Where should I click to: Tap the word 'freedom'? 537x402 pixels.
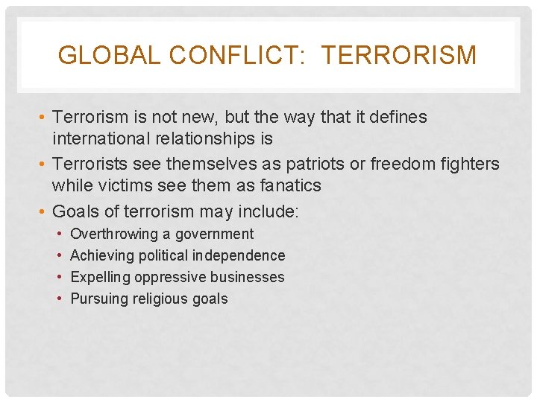[x=401, y=164]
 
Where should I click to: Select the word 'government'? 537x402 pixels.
[x=215, y=234]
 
